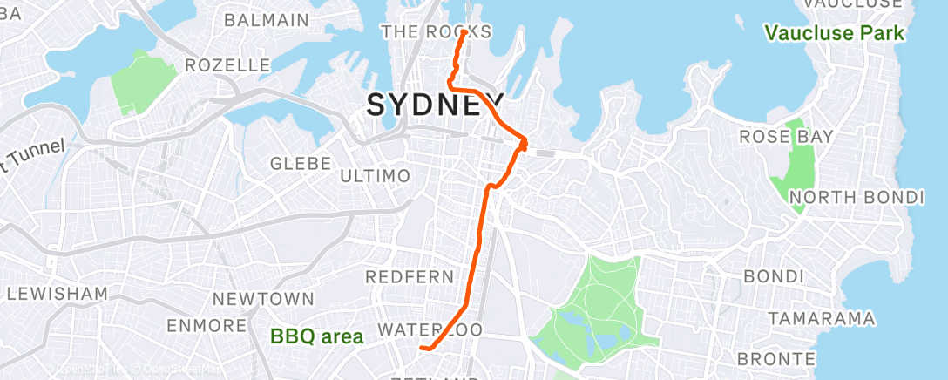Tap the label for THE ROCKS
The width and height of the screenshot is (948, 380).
[437, 32]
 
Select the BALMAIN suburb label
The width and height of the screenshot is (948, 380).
[267, 19]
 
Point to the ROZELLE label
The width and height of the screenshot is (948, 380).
[229, 65]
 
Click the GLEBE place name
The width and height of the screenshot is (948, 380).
[301, 163]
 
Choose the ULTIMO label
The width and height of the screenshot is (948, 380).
[375, 176]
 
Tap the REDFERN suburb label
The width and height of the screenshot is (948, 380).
[410, 277]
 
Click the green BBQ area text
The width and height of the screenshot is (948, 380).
[317, 336]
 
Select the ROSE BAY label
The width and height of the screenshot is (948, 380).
[786, 137]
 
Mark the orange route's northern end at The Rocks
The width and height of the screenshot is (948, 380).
[463, 32]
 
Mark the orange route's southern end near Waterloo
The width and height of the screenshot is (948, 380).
[423, 349]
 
